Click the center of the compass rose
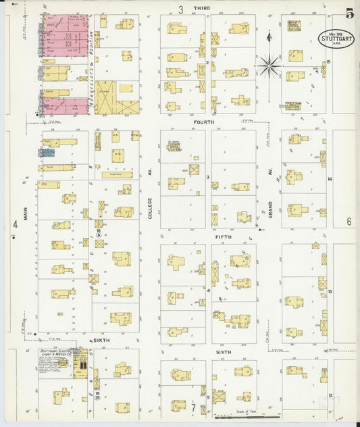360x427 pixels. click(x=269, y=66)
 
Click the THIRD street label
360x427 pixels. click(x=201, y=8)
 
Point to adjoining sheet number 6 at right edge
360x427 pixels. click(x=350, y=222)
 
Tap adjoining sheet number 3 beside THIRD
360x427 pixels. click(x=180, y=9)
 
